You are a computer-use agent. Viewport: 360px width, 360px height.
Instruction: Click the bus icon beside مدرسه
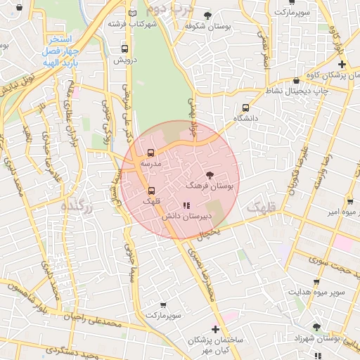[x=150, y=153]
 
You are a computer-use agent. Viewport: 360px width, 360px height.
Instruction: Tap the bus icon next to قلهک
[x=151, y=191]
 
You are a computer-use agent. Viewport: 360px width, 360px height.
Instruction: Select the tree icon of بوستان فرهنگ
[x=209, y=174]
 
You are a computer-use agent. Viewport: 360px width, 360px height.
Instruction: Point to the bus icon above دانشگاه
[x=245, y=108]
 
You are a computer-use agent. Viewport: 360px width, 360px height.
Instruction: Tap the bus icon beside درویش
[x=124, y=49]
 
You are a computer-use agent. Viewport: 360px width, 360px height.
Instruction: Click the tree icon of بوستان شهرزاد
[x=316, y=327]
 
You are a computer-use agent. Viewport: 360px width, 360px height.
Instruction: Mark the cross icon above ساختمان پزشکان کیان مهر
[x=215, y=329]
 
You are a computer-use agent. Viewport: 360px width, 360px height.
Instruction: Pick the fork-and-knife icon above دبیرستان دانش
[x=186, y=206]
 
